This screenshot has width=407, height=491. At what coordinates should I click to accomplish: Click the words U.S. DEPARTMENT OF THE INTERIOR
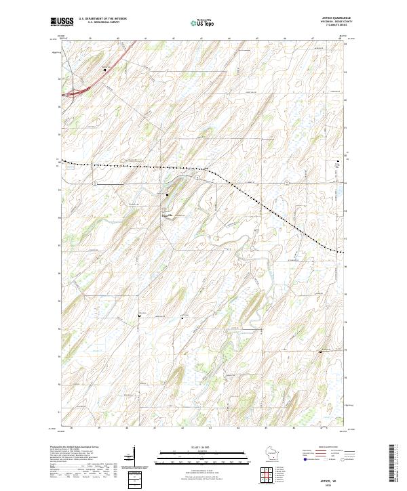coord(102,19)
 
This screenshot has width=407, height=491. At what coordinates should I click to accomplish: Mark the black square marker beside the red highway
coord(105,69)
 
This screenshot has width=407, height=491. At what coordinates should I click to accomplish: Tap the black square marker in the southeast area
coord(321,351)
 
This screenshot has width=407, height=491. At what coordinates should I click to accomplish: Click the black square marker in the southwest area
coord(140,315)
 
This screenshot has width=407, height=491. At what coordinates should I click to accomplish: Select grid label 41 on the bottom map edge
coord(155,428)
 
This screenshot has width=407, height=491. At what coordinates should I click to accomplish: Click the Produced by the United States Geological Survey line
coord(74,448)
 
